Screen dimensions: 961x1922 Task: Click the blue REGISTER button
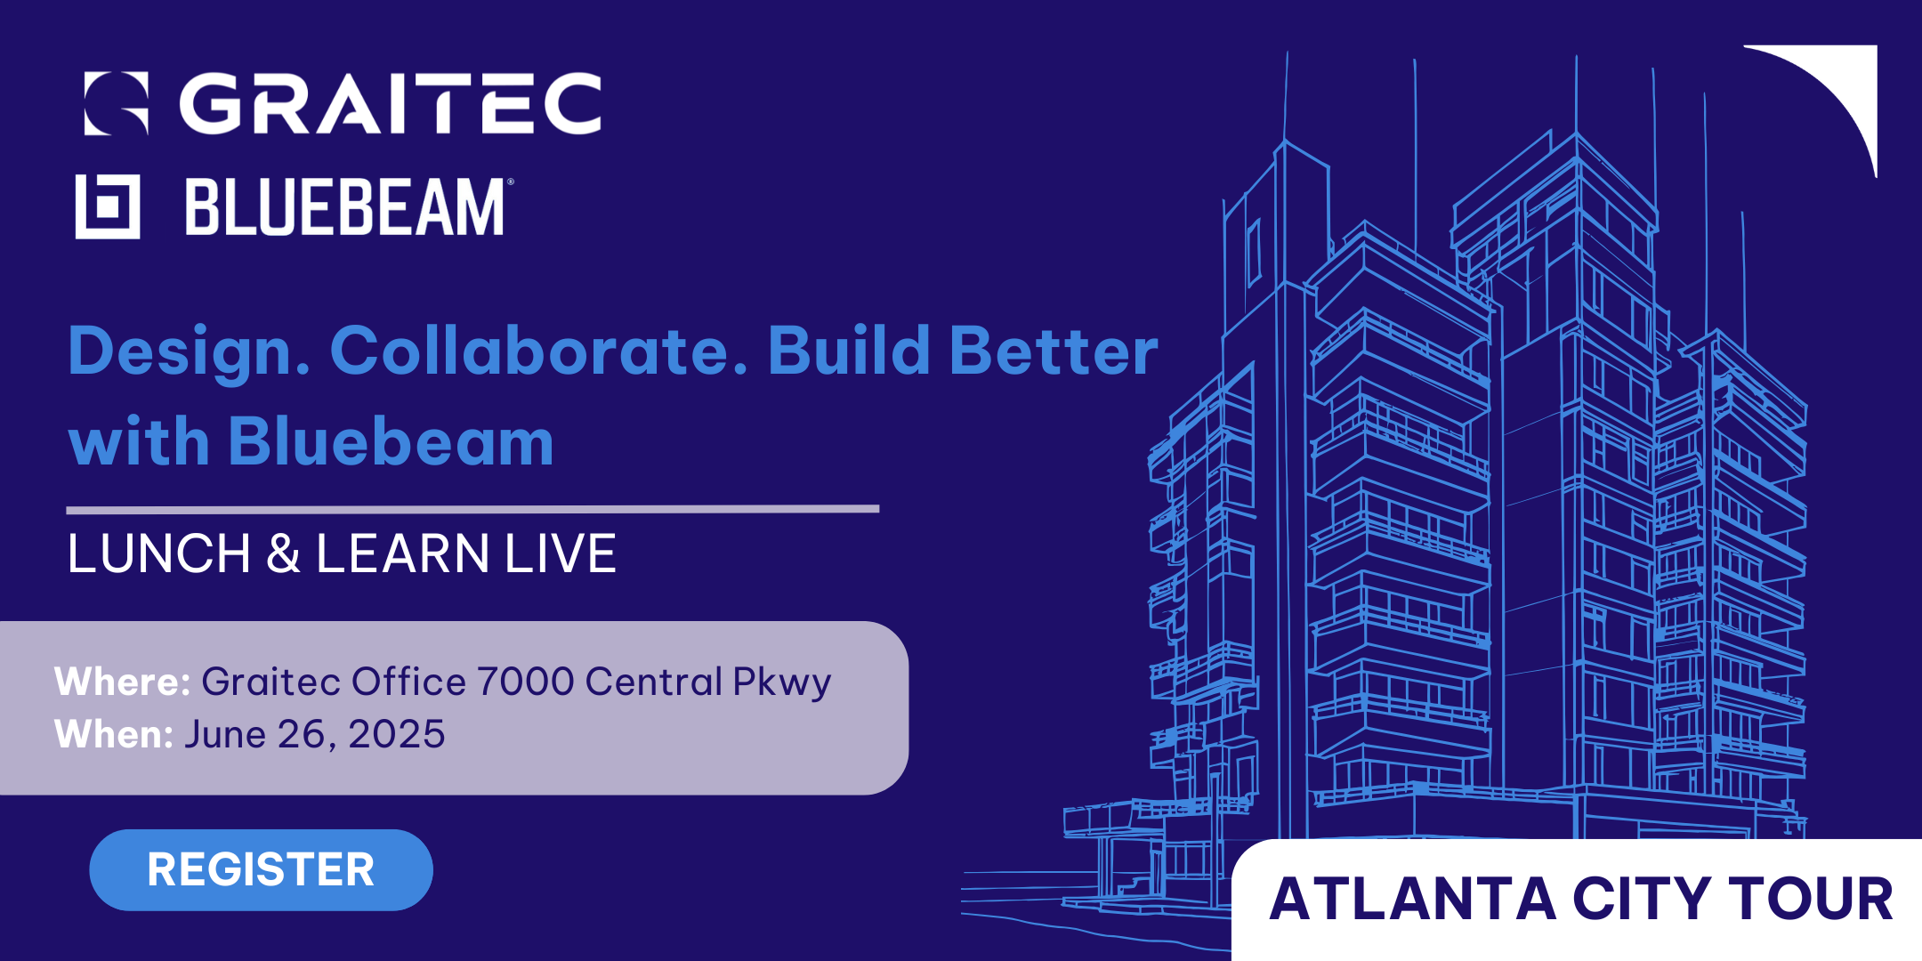[261, 869]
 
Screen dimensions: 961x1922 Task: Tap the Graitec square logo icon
[116, 103]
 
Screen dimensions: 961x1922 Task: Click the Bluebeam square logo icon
[108, 206]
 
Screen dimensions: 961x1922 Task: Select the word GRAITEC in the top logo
[391, 103]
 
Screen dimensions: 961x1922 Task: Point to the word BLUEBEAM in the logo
[345, 206]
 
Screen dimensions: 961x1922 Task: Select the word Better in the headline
[1054, 351]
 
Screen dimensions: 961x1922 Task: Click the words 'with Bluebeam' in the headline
[311, 441]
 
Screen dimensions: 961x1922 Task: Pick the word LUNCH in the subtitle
[159, 553]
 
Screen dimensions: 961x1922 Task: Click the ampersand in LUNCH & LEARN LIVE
[283, 553]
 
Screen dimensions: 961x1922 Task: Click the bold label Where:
[122, 682]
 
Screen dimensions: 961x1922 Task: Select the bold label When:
[114, 734]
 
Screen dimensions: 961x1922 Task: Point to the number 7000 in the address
[526, 682]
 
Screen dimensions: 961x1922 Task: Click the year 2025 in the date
[397, 734]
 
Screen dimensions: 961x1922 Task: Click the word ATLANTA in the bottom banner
[1412, 899]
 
